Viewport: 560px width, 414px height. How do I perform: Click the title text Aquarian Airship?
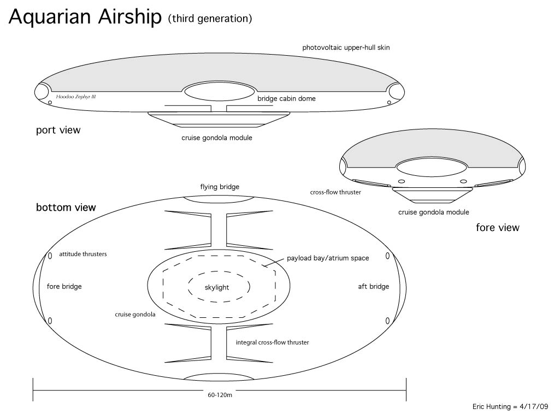click(x=85, y=17)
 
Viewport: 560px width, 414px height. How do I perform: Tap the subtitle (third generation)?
click(x=210, y=19)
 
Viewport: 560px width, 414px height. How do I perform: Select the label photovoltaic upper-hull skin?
click(x=346, y=48)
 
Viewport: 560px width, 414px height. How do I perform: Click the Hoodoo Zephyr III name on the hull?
click(x=76, y=96)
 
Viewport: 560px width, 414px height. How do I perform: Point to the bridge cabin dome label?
click(x=286, y=99)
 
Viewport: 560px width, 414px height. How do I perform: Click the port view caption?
click(x=58, y=130)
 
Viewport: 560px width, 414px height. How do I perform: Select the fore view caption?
click(x=497, y=227)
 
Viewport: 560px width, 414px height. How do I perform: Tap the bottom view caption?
click(x=66, y=208)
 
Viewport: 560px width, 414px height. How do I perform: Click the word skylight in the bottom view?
click(x=217, y=287)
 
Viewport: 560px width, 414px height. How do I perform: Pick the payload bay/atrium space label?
click(x=328, y=258)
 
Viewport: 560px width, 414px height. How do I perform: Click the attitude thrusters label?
click(x=83, y=254)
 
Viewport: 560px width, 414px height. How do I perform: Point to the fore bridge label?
click(x=68, y=287)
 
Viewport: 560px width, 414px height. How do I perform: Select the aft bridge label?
click(x=374, y=287)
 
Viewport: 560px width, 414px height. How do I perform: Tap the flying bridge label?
click(x=220, y=187)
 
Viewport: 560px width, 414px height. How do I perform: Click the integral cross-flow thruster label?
click(x=272, y=342)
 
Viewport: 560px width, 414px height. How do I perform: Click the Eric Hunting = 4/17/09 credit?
click(x=510, y=406)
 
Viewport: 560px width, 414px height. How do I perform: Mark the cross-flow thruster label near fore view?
click(x=335, y=192)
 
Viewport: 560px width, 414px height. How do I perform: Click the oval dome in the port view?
click(x=219, y=92)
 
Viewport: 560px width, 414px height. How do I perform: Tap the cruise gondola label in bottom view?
click(x=135, y=315)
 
